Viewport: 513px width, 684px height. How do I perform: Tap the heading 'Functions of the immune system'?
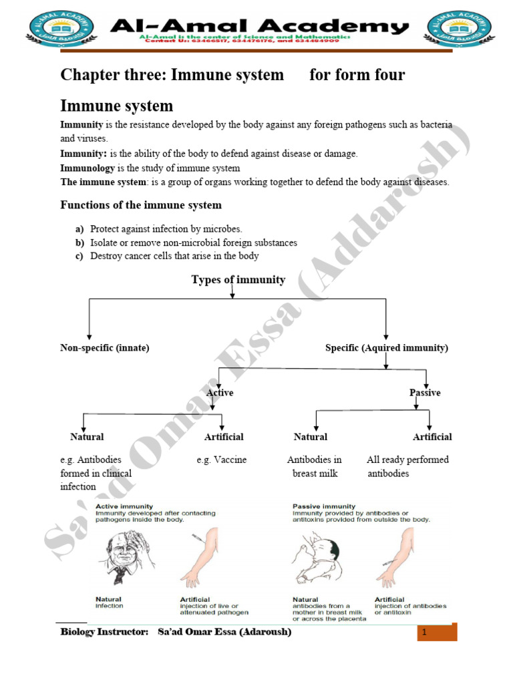click(141, 205)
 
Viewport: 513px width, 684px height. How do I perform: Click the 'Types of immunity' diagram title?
click(238, 280)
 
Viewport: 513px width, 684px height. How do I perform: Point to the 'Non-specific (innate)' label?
click(105, 348)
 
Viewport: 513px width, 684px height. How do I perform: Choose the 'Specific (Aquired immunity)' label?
click(387, 348)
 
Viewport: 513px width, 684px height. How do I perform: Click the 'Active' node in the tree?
click(220, 393)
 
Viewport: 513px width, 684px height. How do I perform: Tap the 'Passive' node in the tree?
click(425, 393)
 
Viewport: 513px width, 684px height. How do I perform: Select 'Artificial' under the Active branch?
click(224, 437)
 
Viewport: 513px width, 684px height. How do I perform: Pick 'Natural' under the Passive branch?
click(311, 437)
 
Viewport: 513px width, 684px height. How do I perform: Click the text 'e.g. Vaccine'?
click(222, 460)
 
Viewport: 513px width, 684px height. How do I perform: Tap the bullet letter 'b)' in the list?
click(79, 242)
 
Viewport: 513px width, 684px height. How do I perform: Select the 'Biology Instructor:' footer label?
click(104, 632)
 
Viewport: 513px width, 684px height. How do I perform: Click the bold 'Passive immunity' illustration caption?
click(325, 506)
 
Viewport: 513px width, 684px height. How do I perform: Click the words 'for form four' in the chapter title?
click(357, 75)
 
